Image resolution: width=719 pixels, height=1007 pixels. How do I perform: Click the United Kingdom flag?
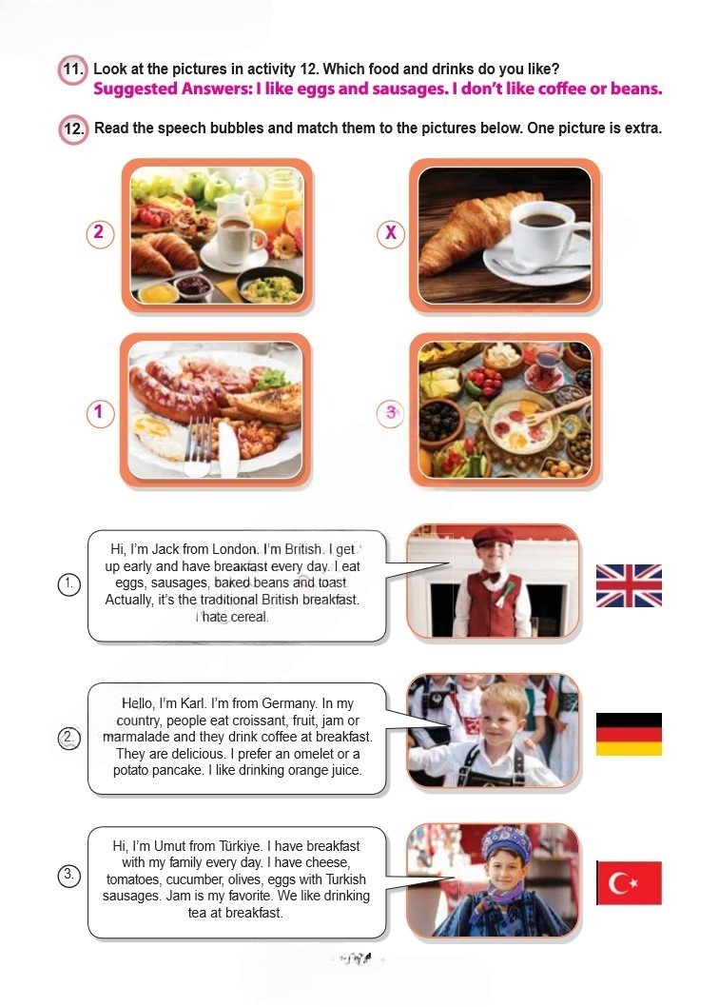pyautogui.click(x=629, y=585)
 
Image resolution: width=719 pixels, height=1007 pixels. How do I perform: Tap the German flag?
pyautogui.click(x=629, y=734)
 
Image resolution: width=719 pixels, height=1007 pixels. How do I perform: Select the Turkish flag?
pyautogui.click(x=629, y=882)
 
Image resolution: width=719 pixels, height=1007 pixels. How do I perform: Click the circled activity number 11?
pyautogui.click(x=72, y=69)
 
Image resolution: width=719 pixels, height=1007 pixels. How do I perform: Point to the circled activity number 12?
pyautogui.click(x=73, y=128)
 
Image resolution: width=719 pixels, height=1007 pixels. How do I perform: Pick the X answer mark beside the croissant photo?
pyautogui.click(x=390, y=233)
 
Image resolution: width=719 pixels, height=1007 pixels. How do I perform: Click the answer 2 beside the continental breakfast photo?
pyautogui.click(x=100, y=233)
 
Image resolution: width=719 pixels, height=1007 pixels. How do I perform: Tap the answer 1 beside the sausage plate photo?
pyautogui.click(x=100, y=413)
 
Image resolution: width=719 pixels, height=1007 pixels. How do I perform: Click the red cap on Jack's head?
pyautogui.click(x=492, y=536)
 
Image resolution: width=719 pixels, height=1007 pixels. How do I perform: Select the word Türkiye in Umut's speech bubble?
pyautogui.click(x=239, y=846)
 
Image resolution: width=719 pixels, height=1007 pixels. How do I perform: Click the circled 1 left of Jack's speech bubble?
pyautogui.click(x=68, y=584)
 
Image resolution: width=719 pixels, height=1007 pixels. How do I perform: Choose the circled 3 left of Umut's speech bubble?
pyautogui.click(x=68, y=875)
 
